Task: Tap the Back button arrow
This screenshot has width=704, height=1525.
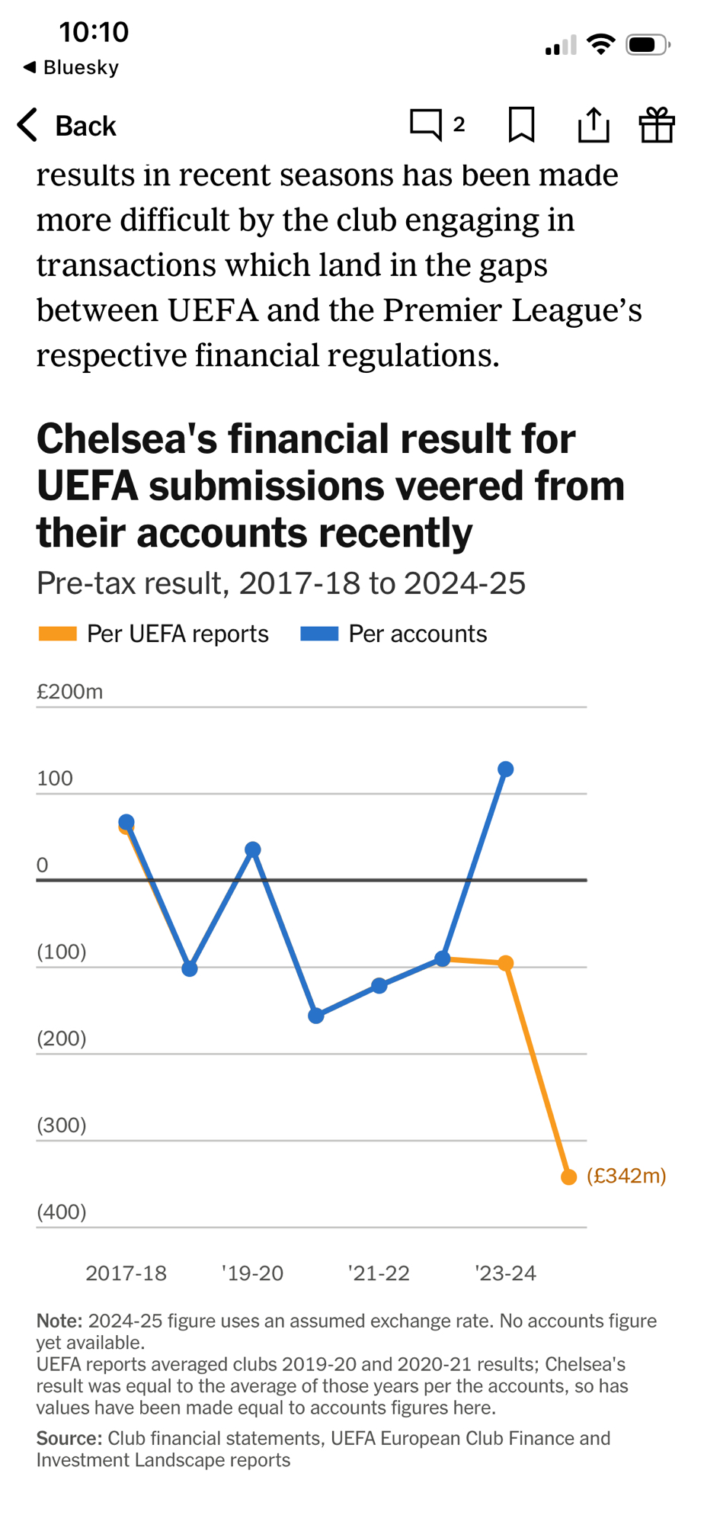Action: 28,125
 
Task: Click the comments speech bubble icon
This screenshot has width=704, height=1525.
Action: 425,124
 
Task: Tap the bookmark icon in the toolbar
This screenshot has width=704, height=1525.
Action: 521,124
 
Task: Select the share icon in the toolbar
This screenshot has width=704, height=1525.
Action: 593,124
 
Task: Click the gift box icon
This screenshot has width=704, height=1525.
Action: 656,124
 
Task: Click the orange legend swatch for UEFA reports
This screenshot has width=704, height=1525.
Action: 57,634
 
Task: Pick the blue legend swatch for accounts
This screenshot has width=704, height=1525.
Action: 319,634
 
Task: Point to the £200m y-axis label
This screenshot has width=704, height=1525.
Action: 69,692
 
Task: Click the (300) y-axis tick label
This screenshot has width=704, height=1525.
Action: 61,1125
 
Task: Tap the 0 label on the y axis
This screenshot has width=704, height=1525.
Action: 42,865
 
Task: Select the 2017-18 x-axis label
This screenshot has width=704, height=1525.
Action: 126,1273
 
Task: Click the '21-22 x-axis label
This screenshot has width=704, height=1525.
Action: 379,1273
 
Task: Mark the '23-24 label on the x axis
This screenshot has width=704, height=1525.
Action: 505,1273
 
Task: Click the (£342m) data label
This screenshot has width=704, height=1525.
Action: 626,1176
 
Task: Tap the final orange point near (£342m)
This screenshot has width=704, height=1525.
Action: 568,1177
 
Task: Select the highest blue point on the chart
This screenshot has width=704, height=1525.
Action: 505,769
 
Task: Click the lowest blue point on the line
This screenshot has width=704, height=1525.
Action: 316,1016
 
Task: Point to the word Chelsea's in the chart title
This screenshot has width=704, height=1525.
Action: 127,439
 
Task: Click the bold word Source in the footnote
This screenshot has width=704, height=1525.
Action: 68,1438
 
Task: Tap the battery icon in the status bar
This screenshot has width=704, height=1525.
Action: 647,45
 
